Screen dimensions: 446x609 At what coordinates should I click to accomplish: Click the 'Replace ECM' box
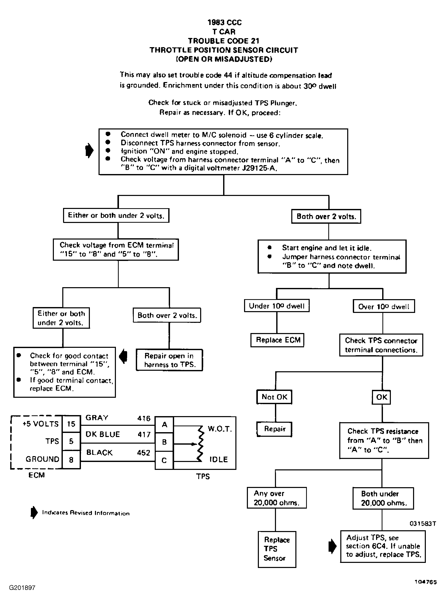[x=277, y=340]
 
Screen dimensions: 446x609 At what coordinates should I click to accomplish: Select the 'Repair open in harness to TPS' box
[x=169, y=360]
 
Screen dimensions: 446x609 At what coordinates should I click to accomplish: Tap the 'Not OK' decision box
[x=274, y=397]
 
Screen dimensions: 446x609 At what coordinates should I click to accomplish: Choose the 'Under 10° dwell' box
[x=277, y=306]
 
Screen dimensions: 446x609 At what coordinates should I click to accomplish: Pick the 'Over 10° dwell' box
[x=384, y=306]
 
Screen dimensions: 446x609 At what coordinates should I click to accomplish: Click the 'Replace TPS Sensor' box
[x=277, y=549]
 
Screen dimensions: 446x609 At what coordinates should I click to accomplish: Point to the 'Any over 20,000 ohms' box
[x=277, y=498]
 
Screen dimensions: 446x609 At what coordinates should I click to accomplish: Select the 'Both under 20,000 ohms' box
[x=383, y=498]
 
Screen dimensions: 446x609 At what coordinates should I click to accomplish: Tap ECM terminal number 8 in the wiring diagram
[x=71, y=459]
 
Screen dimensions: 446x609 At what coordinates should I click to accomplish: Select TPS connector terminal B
[x=164, y=442]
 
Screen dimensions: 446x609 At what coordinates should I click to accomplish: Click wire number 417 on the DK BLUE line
[x=144, y=434]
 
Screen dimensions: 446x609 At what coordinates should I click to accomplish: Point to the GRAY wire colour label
[x=97, y=418]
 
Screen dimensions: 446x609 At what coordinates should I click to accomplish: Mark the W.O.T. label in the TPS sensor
[x=220, y=429]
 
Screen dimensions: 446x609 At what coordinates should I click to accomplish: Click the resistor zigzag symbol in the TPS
[x=200, y=444]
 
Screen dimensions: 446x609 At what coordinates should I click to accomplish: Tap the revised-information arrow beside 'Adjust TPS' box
[x=332, y=547]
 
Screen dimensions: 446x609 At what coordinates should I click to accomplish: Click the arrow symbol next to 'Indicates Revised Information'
[x=34, y=512]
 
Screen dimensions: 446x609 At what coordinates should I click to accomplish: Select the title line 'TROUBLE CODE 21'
[x=224, y=41]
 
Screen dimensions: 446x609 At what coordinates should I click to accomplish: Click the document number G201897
[x=22, y=588]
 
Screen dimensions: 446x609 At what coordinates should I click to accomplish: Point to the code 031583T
[x=423, y=523]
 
